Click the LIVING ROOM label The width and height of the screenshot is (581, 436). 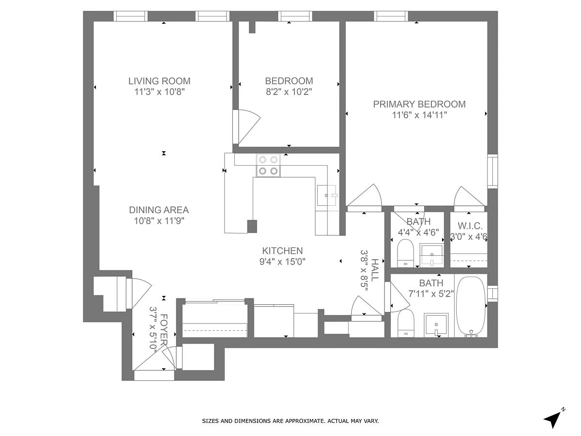tap(159, 81)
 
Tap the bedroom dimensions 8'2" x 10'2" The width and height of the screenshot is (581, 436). tap(289, 92)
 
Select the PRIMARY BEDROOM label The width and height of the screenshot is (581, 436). tap(419, 104)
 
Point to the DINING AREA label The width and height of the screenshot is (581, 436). tap(159, 210)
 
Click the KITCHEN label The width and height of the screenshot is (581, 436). tap(282, 250)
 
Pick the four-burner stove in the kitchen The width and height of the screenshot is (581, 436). tap(268, 166)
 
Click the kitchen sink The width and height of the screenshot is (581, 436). tap(327, 195)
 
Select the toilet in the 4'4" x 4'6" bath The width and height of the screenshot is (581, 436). tap(406, 253)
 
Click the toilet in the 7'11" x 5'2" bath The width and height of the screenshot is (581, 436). tap(406, 323)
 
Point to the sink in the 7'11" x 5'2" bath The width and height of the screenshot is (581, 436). tap(436, 325)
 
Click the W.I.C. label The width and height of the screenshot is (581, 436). tap(470, 226)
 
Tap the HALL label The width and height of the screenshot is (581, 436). tap(375, 270)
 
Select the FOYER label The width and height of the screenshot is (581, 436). tap(164, 329)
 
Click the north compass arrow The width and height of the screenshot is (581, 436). tap(553, 420)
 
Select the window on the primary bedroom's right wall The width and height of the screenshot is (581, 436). tap(492, 171)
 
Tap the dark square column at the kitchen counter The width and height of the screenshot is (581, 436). tap(252, 226)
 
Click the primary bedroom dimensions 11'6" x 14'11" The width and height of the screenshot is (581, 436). tap(419, 115)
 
